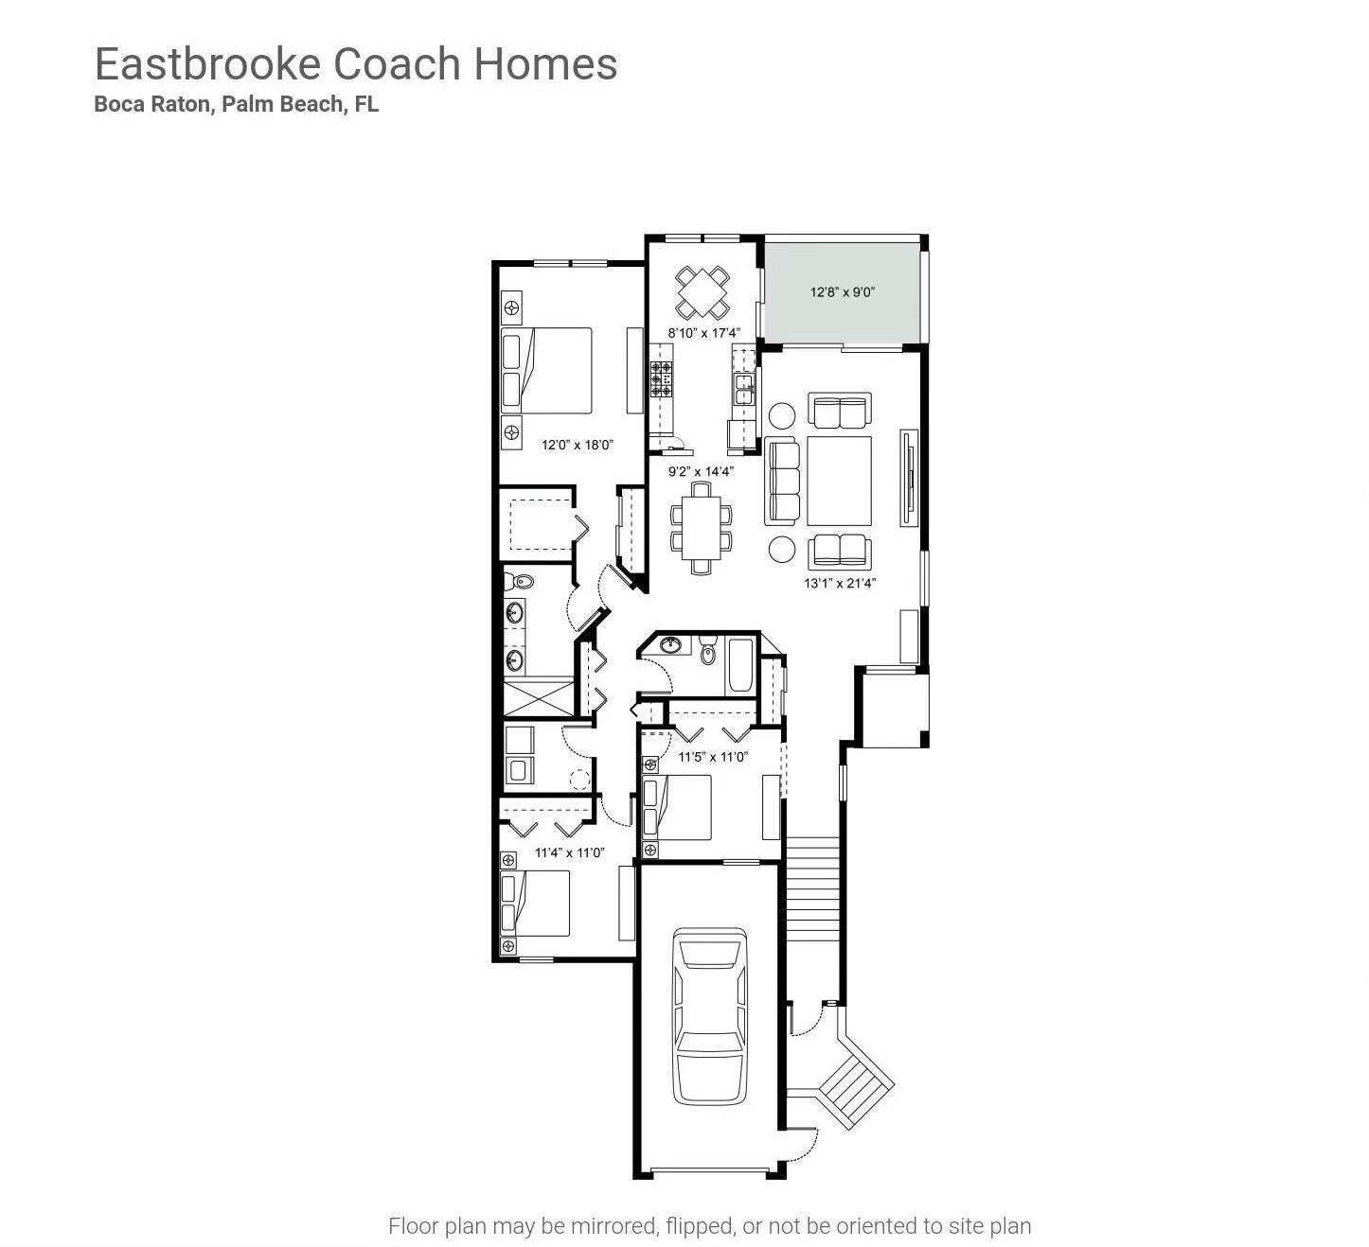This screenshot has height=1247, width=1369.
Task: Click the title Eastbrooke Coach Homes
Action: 356,64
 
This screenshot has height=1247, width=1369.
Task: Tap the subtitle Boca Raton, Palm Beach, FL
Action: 236,105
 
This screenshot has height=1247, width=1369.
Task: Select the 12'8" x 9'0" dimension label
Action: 842,292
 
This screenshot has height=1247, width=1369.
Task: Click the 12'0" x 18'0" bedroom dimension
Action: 578,444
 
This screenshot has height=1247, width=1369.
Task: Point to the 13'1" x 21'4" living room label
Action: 840,583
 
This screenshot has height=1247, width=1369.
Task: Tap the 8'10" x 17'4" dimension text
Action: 703,333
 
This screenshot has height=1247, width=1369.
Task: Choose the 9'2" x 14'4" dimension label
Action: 701,471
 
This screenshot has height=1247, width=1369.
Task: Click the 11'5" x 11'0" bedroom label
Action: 713,757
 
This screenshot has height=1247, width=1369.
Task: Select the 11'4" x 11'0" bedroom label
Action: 569,852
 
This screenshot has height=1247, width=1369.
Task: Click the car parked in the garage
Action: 709,1015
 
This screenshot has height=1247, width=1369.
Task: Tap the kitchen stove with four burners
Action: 661,378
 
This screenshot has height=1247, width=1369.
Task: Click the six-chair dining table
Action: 701,527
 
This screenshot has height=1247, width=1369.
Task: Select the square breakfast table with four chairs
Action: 702,292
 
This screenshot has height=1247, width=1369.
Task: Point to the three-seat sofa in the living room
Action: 782,480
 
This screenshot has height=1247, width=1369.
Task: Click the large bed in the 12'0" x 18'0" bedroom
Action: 546,370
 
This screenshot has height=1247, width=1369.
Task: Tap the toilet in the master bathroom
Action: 518,581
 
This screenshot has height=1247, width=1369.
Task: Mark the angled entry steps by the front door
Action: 856,1079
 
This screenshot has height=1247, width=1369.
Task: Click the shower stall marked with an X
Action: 538,696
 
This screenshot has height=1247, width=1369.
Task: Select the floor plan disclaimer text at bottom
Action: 709,1226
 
